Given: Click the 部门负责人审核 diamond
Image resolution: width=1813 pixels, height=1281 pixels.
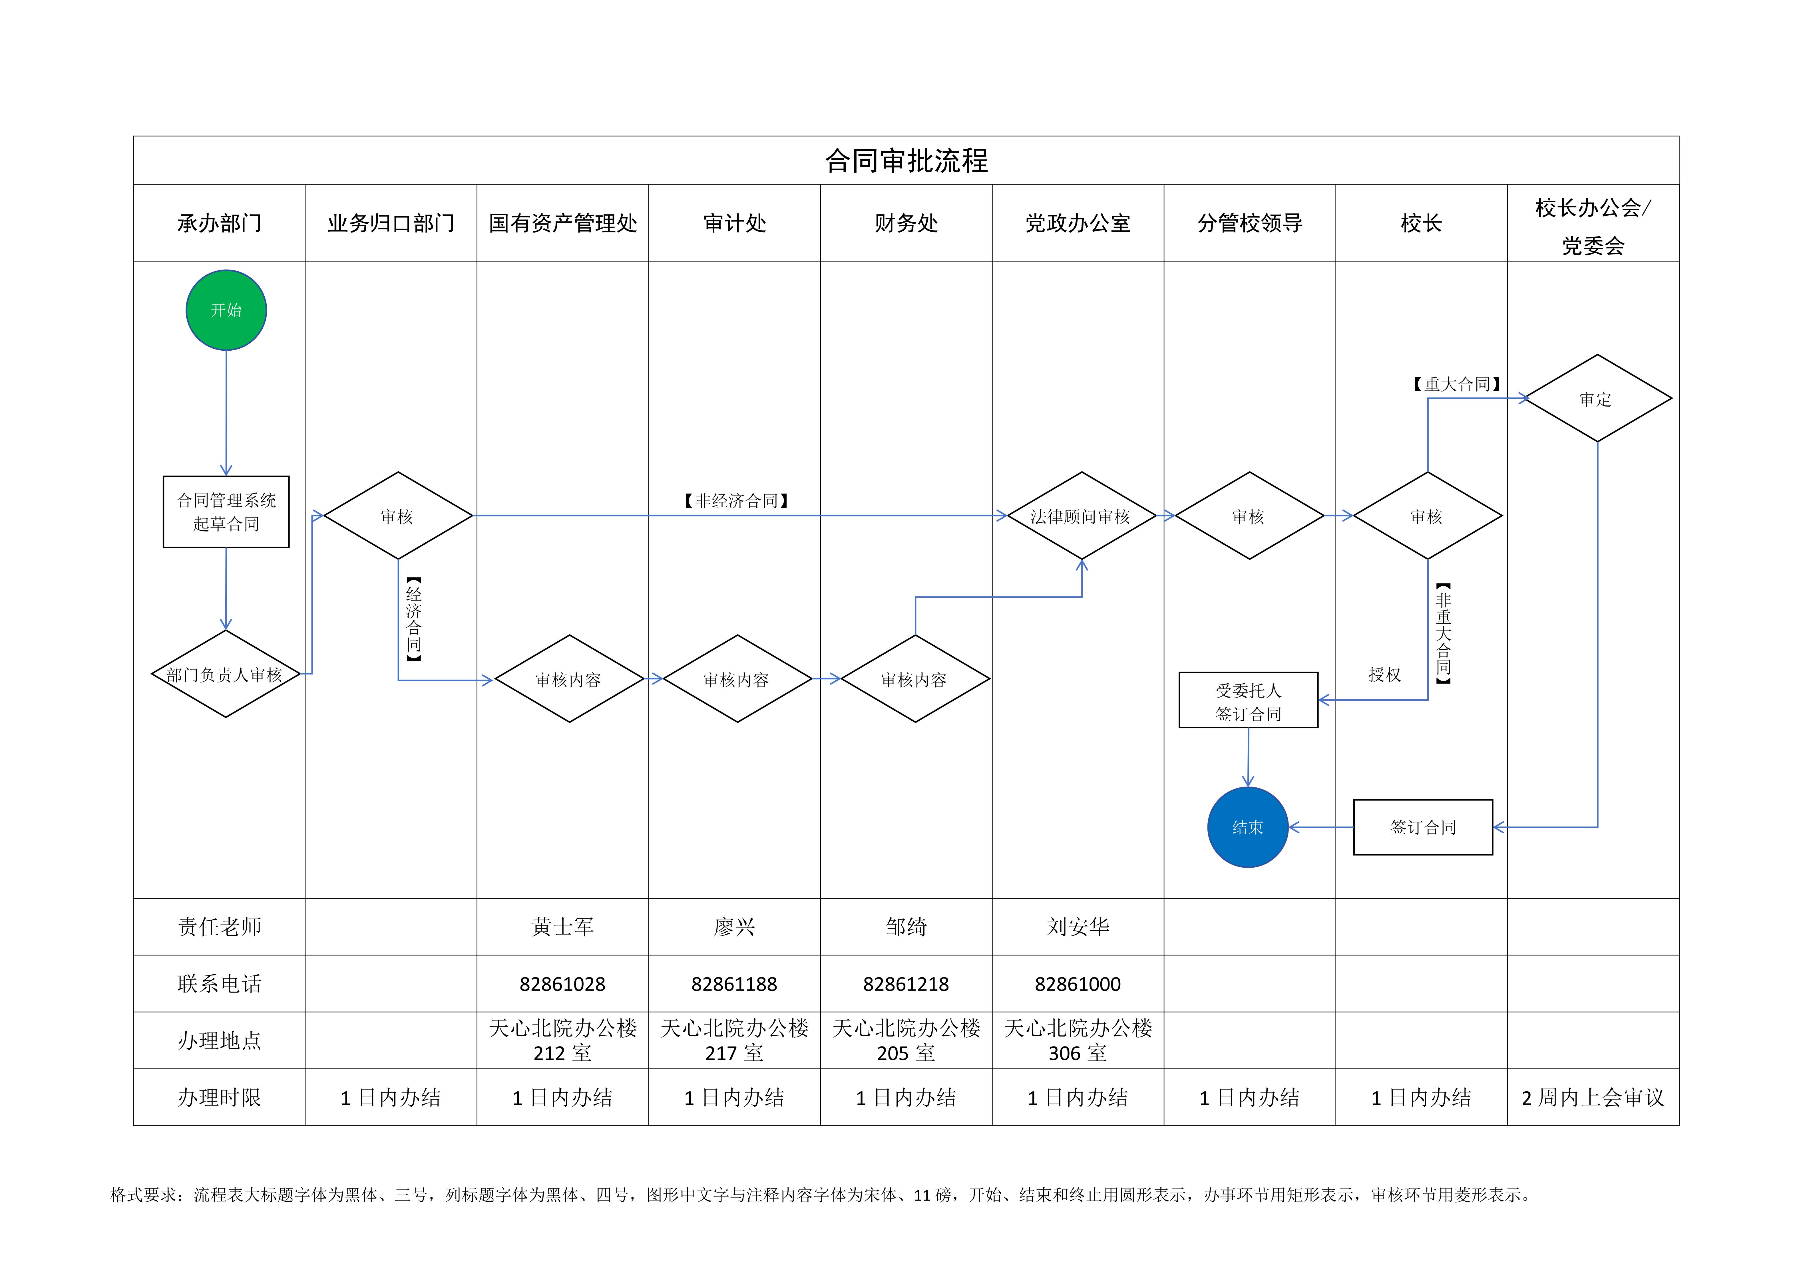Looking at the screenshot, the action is coord(226,674).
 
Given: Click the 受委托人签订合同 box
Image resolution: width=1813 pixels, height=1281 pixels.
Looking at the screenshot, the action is coord(1249,700).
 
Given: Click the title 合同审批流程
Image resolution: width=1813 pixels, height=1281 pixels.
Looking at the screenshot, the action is coord(906,161).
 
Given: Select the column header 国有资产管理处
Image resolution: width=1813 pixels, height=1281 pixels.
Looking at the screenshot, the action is coord(563,223).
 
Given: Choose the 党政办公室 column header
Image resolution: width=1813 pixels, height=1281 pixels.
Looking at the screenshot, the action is coord(1078,223).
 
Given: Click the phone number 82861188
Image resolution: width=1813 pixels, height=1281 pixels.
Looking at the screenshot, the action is coord(734,984).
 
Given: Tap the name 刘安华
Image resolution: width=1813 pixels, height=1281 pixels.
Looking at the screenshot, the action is coord(1078,927).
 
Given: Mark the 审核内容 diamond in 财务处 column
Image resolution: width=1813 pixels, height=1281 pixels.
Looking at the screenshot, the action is coord(915,679).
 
